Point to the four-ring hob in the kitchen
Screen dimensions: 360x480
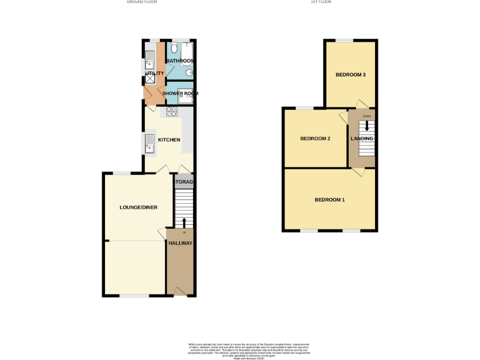(x=171, y=112)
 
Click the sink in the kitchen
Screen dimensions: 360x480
(x=150, y=143)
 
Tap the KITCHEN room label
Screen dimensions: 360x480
(x=169, y=140)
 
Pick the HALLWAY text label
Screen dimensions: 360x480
(x=180, y=243)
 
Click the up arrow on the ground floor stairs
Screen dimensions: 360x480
(x=184, y=222)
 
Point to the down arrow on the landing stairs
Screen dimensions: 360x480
(x=367, y=124)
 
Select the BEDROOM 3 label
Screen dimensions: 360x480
(x=350, y=75)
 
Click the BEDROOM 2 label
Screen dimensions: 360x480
(x=315, y=138)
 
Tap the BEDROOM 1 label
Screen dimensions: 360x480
(x=329, y=200)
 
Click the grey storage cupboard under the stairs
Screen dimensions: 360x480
(x=184, y=182)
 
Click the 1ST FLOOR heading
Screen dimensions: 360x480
(x=321, y=2)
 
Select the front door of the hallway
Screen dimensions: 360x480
(x=180, y=291)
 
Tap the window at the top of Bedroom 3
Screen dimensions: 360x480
(x=344, y=41)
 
